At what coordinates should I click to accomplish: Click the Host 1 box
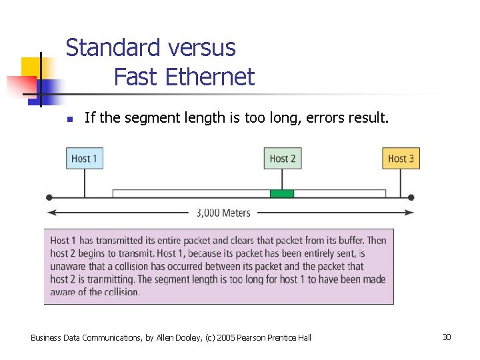(x=85, y=159)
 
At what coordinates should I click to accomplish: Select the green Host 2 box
(x=282, y=159)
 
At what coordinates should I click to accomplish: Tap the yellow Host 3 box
(x=401, y=159)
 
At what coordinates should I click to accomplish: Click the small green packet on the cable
(x=282, y=193)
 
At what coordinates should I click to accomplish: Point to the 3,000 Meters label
(x=223, y=213)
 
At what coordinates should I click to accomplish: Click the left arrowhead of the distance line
(x=50, y=213)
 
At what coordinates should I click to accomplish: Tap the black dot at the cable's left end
(x=49, y=197)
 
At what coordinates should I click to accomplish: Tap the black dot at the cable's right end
(x=411, y=197)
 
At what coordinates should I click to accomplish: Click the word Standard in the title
(x=113, y=48)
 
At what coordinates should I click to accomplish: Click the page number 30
(x=446, y=337)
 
